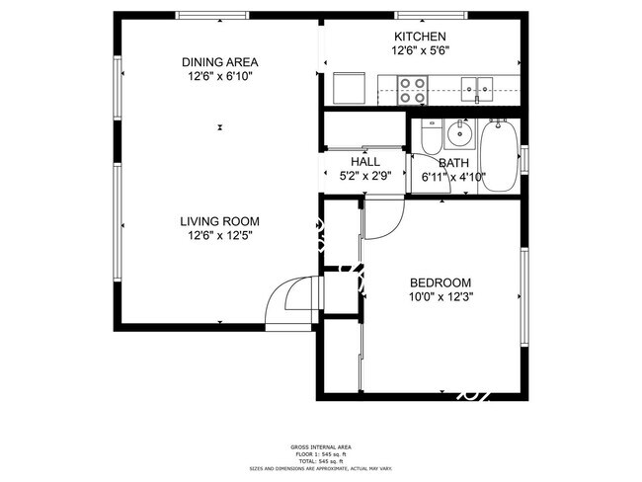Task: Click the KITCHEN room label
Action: point(421,37)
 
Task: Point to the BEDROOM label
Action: point(440,281)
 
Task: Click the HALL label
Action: point(364,162)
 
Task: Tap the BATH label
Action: point(453,163)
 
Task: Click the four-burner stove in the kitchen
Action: point(412,92)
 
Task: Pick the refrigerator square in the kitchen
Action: point(348,89)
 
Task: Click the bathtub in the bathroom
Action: point(500,156)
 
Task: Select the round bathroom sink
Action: point(458,133)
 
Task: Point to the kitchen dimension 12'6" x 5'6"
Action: point(421,51)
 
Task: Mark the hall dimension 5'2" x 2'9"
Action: point(364,177)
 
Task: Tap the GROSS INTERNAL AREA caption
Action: point(320,447)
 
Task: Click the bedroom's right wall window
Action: point(524,296)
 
